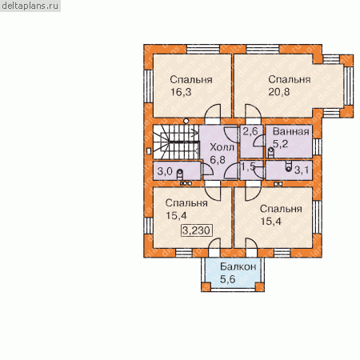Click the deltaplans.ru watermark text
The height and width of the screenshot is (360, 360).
coord(30,6)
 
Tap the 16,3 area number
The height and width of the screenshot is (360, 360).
coord(181,92)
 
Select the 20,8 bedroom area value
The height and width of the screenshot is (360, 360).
coord(279,92)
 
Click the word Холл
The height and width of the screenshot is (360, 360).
coord(222,147)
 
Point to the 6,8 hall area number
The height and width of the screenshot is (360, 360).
coord(218,160)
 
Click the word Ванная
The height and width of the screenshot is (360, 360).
coord(291,131)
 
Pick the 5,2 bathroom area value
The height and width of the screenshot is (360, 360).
coord(281,144)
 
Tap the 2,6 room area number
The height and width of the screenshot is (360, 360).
coord(250,131)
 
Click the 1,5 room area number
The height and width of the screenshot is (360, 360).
coord(248,167)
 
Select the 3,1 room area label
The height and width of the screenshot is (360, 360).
coord(302,170)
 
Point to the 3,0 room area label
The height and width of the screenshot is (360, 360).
coord(165,171)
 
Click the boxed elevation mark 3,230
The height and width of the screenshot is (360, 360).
coord(197,230)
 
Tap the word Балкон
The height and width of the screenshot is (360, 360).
coord(238,266)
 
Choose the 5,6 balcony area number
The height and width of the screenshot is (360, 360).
coord(228,279)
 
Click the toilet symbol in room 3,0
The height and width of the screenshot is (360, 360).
coord(180,174)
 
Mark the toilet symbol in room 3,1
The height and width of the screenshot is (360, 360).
coord(288,166)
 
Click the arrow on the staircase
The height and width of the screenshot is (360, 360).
coord(194,132)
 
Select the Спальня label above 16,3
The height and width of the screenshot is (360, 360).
coord(191,79)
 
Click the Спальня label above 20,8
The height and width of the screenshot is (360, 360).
coord(290,79)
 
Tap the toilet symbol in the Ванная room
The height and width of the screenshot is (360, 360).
coord(270,152)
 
